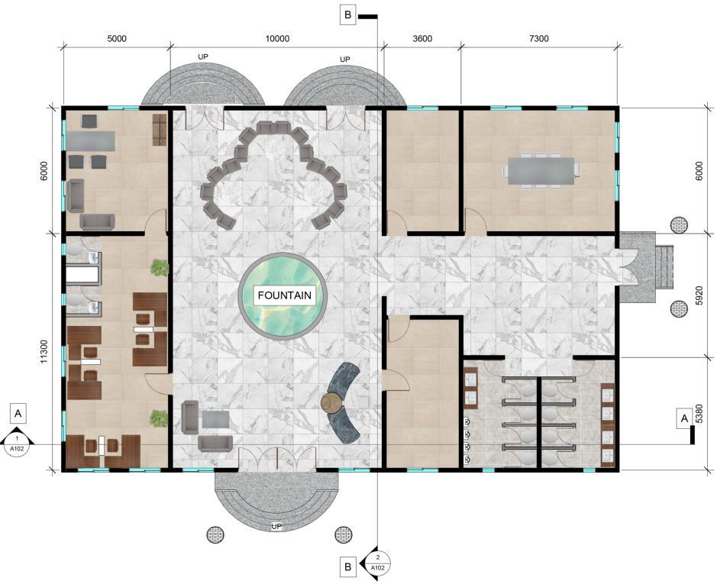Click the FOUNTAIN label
pos(284,295)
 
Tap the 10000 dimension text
pos(277,39)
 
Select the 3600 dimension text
pos(422,39)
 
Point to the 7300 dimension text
pos(538,39)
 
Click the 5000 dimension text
pos(117,39)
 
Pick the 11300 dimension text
pos(44,351)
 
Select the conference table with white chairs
pos(541,171)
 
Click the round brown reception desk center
pos(332,402)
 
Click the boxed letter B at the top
pos(348,15)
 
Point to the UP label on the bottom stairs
pos(276,527)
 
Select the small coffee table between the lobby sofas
pos(215,419)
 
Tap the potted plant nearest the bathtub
pos(160,267)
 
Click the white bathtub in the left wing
pos(82,275)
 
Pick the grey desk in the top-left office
pos(91,141)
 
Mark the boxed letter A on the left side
pos(18,414)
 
